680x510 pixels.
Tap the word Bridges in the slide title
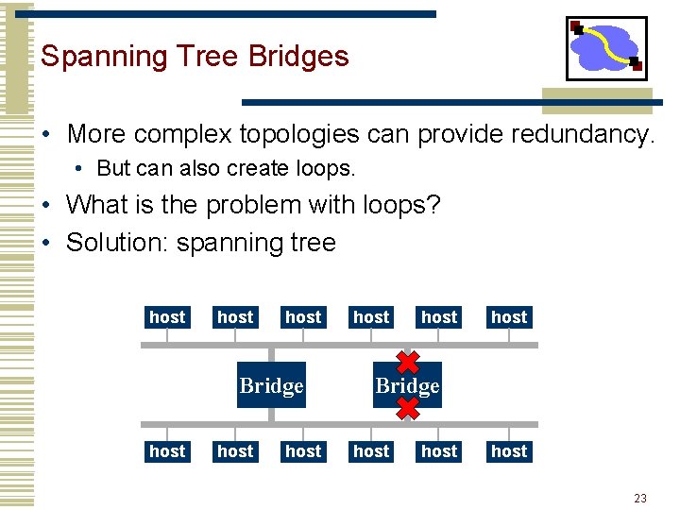coord(298,58)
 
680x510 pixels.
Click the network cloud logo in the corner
coord(605,48)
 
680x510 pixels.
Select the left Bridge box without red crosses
coord(271,385)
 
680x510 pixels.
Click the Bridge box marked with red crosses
coord(407,385)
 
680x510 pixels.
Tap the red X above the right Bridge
coord(407,363)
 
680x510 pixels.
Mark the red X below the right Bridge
coord(407,409)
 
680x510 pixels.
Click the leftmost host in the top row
coord(167,317)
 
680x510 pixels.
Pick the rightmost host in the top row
coord(509,317)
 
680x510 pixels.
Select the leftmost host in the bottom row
coord(167,451)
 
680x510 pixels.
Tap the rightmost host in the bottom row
coord(509,451)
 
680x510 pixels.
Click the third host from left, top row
coord(303,317)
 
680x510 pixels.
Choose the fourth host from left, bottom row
coord(371,451)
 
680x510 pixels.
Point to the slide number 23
coord(640,498)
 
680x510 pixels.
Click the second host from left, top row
coord(235,317)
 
